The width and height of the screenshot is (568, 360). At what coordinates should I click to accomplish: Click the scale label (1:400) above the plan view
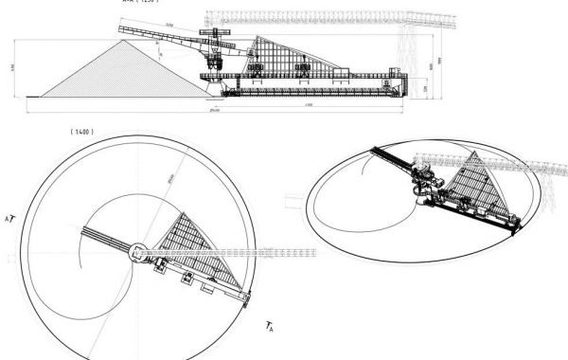click(80, 131)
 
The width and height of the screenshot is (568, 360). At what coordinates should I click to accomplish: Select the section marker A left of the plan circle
click(9, 218)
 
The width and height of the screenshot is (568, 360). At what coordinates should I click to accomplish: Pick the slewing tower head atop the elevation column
click(217, 38)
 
